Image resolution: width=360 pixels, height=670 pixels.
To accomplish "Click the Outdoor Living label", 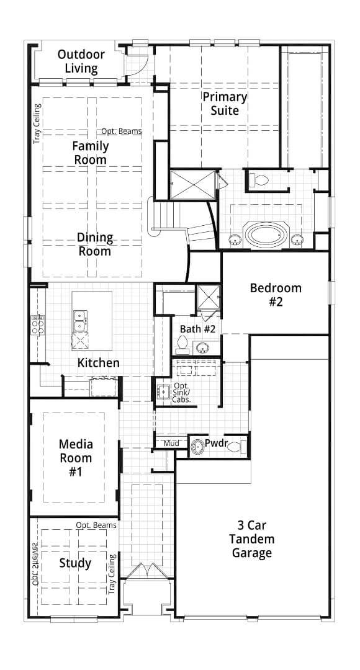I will click(81, 61).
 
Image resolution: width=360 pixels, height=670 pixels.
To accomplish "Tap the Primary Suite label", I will click(225, 104).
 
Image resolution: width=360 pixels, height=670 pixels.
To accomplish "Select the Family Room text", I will click(90, 153).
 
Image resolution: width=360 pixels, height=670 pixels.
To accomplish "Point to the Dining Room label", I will click(95, 244).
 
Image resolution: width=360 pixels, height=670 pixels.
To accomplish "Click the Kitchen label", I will click(98, 363).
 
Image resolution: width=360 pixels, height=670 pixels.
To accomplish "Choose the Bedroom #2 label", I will click(276, 295).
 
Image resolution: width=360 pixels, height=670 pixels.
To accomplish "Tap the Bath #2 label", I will click(197, 329).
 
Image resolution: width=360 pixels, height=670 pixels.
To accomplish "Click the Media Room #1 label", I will click(75, 458).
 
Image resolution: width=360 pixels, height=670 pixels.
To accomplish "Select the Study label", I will click(75, 563).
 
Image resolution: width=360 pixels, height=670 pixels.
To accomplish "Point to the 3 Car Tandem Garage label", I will click(251, 538).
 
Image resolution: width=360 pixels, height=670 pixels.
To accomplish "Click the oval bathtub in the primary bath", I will click(266, 235).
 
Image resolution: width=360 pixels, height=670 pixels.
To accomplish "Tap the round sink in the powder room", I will click(198, 444).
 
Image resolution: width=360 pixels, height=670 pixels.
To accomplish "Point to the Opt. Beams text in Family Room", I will click(122, 132).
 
